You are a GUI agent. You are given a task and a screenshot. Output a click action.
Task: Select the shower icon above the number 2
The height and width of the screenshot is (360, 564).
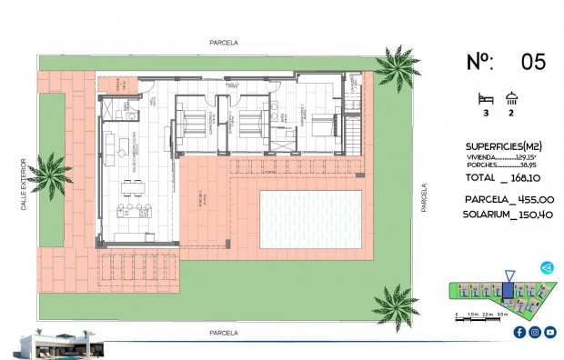(511, 98)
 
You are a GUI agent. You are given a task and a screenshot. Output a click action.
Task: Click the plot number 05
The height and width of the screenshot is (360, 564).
(533, 62)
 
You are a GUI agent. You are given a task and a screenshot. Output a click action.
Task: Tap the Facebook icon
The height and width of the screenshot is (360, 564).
(519, 332)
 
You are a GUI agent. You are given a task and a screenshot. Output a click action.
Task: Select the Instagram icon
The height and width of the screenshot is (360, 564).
(535, 332)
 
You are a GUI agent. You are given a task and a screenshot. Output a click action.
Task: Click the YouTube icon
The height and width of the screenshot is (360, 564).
(550, 332)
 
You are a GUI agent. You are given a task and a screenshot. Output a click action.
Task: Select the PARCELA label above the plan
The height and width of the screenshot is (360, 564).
(223, 42)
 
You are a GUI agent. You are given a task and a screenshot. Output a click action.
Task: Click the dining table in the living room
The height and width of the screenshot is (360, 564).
(135, 188)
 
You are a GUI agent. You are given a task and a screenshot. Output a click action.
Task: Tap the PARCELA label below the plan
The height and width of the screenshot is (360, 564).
(223, 333)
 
